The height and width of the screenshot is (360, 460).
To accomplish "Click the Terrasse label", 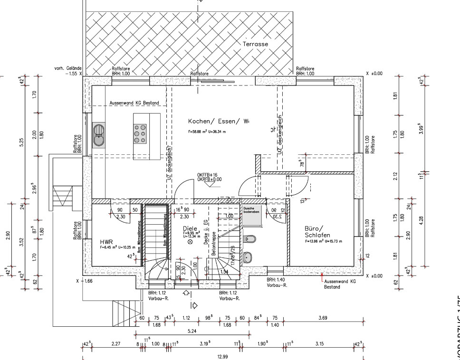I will (x=256, y=44).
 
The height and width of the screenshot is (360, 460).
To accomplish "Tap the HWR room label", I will (x=105, y=241).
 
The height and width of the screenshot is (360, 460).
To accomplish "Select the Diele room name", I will (x=189, y=228).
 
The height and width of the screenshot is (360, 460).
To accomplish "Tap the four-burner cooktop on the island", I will (x=140, y=133).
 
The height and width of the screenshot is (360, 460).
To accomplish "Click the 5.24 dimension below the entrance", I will (x=192, y=331).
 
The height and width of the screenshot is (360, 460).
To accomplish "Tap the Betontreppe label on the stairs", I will (x=214, y=244).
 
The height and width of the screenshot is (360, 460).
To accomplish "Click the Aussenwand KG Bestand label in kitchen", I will (x=134, y=103).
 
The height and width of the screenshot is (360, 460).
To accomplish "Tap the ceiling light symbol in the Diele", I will (x=190, y=242).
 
